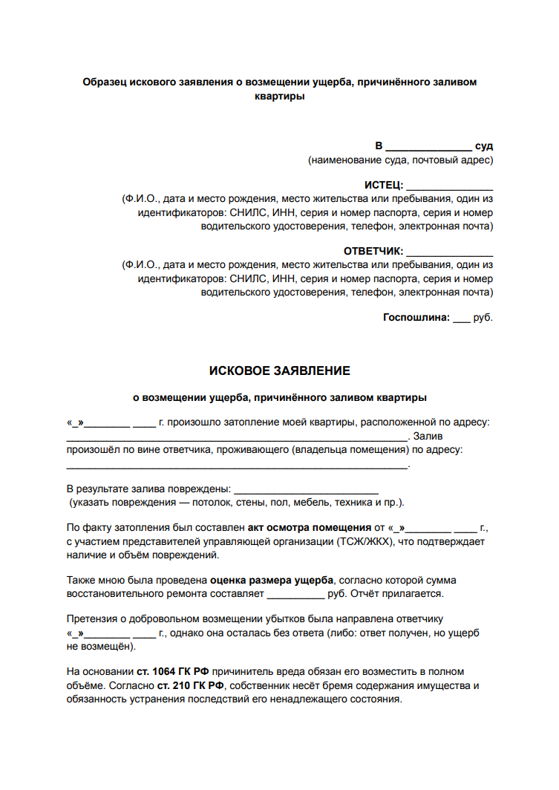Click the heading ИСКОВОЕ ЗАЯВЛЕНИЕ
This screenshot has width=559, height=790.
click(279, 370)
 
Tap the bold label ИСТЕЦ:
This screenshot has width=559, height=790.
click(384, 185)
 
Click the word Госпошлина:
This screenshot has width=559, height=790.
click(416, 317)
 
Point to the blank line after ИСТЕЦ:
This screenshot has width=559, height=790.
click(450, 186)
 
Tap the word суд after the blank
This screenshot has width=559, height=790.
click(484, 146)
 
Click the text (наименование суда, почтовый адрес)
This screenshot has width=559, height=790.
click(400, 160)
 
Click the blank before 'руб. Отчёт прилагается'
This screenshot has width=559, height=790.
click(295, 595)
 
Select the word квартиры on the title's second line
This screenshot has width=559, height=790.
click(279, 96)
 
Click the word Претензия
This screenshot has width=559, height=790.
click(92, 619)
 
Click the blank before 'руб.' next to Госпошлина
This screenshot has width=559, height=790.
click(461, 319)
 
